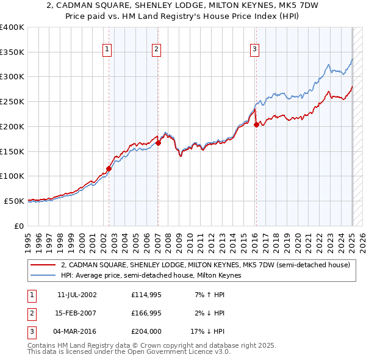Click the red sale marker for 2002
point(109,168)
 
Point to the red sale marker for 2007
point(158,143)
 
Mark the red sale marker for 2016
point(256,124)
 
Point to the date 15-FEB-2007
point(77,313)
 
